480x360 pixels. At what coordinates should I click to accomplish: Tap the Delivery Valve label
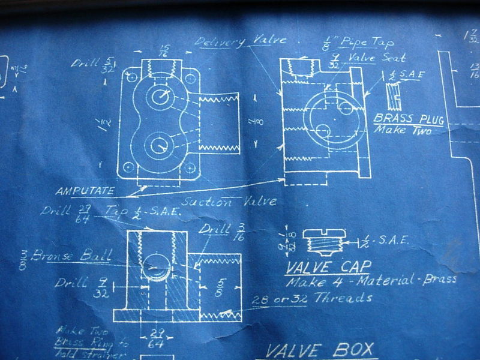tap(241, 41)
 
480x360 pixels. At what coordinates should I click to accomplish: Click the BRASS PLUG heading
tap(409, 119)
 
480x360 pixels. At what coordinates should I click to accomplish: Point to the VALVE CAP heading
tap(328, 265)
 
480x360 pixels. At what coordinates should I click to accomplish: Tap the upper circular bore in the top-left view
tap(161, 96)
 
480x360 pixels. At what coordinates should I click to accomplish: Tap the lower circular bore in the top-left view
tap(160, 144)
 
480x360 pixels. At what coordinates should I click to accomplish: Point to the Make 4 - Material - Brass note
tap(370, 280)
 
